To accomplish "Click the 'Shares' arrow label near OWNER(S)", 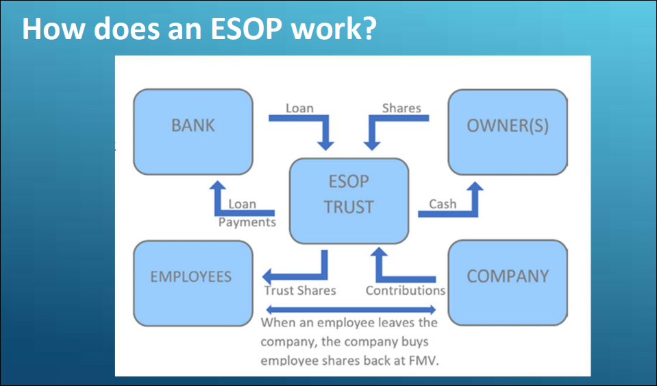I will (x=401, y=108).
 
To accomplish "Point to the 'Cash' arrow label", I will (x=443, y=204).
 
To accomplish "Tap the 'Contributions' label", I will (x=405, y=290).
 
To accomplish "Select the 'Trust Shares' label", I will (x=300, y=290).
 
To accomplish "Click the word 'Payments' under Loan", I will (x=247, y=222).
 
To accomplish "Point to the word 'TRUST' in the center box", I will (x=349, y=207).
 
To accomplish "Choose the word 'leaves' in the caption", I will (x=393, y=322).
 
